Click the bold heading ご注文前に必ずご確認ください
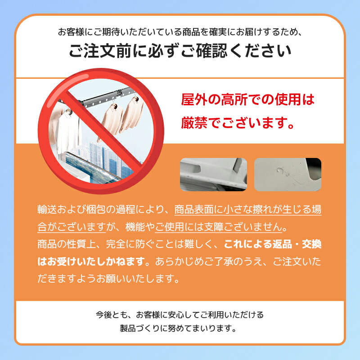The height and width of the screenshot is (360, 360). point(180,51)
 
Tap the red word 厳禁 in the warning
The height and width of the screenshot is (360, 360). point(194,123)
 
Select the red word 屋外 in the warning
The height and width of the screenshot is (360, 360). point(194,99)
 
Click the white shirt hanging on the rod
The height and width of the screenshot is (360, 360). point(68,132)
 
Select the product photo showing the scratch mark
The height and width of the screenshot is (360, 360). point(288,175)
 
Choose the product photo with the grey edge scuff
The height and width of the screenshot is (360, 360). point(213,175)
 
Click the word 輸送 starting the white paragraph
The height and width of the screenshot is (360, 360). point(47,209)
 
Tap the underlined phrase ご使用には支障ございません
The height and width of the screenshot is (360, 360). point(219,227)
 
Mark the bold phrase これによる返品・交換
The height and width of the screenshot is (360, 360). point(273,244)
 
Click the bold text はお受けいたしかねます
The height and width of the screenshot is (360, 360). point(91,261)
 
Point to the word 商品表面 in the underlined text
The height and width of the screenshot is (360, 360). point(193,209)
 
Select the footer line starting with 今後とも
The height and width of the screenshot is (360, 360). point(180,315)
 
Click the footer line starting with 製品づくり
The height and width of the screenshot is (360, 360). point(178,328)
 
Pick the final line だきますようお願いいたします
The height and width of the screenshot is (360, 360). point(108,279)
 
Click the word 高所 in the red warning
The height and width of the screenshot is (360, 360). point(234,99)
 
